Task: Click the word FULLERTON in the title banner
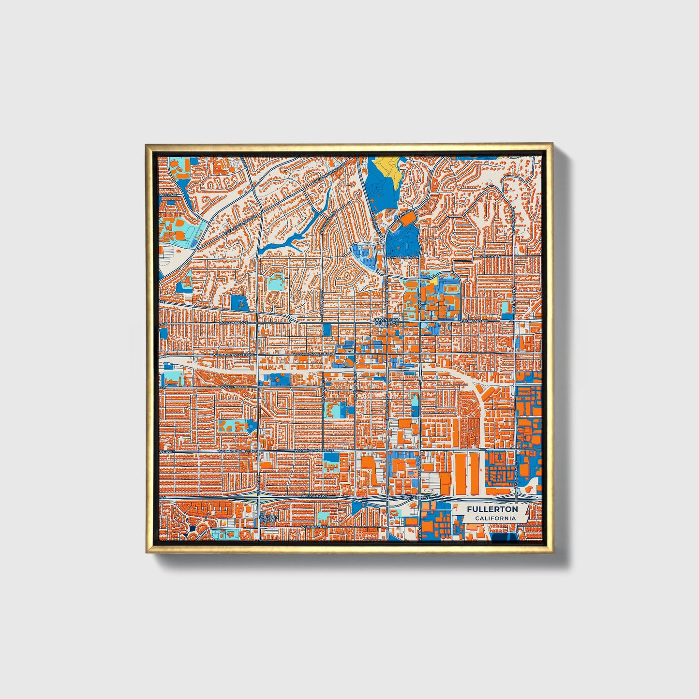[492, 509]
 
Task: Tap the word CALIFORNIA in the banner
[494, 518]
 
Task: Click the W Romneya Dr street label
[314, 527]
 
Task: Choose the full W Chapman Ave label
[233, 322]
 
